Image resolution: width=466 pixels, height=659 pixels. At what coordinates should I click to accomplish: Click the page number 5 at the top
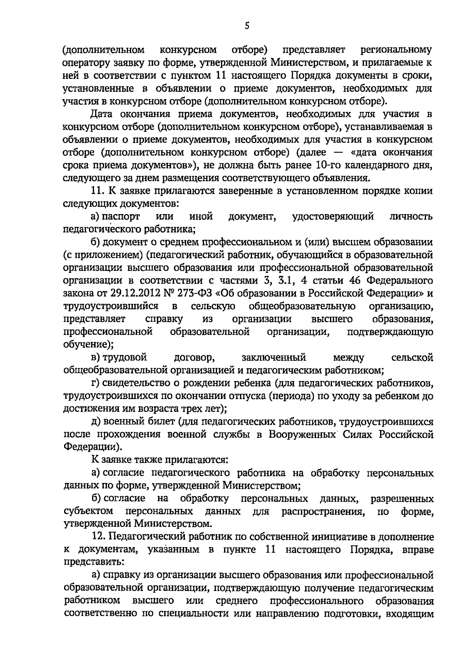247,26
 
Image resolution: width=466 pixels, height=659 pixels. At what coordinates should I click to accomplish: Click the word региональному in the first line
396,50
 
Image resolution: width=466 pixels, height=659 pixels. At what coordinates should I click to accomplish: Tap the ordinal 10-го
329,165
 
